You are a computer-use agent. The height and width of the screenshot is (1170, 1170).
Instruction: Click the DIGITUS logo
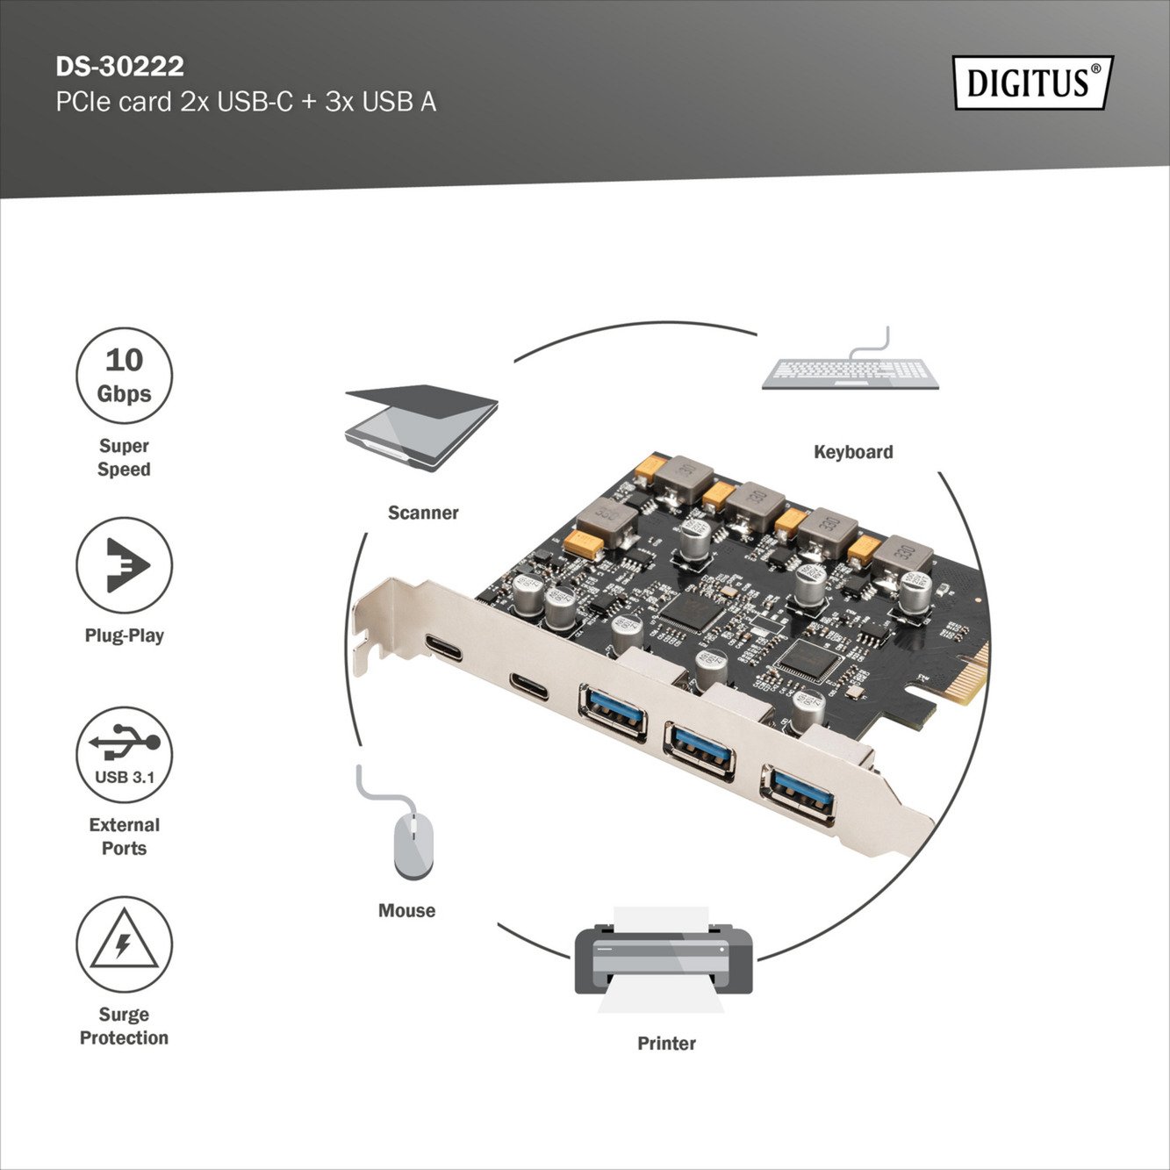coord(1032,83)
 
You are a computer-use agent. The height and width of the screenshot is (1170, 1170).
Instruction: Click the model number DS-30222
coord(119,67)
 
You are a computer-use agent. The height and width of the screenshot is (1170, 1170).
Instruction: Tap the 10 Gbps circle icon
coord(124,376)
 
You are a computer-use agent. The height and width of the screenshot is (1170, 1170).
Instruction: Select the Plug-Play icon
coord(124,565)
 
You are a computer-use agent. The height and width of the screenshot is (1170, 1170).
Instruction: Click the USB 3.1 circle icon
coord(124,755)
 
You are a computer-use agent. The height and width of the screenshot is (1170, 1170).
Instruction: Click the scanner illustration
coord(422,427)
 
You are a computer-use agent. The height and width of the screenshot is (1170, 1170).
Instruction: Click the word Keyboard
coord(853,452)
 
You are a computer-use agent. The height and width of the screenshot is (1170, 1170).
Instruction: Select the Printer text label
coord(666,1044)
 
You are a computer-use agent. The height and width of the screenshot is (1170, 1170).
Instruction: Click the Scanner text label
coord(423,513)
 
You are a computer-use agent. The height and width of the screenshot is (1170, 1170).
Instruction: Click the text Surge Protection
coord(124,1026)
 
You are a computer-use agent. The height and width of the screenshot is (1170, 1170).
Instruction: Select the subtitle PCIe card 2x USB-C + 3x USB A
coord(246,103)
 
